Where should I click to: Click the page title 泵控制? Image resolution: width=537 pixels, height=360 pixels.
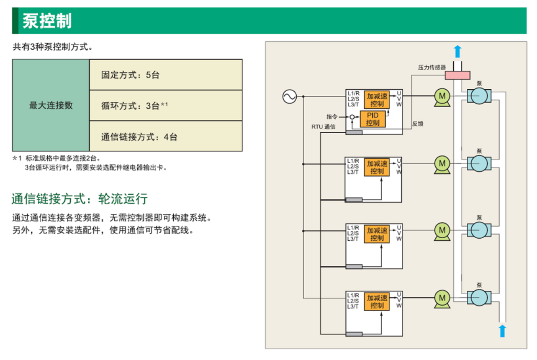(x=47, y=21)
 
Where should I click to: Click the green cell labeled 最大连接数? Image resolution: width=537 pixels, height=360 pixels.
(x=51, y=105)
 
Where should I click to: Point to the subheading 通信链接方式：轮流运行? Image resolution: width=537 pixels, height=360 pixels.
(x=80, y=199)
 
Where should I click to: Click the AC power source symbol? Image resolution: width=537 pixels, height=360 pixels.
(x=289, y=97)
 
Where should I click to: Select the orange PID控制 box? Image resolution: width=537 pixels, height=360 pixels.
(x=373, y=119)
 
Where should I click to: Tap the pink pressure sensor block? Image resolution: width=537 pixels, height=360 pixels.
(x=457, y=75)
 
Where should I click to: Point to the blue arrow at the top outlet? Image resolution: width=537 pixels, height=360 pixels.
(x=458, y=51)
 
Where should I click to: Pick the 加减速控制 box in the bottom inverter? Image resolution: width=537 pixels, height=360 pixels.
(x=377, y=301)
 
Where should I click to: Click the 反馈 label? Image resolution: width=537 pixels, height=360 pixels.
(x=418, y=124)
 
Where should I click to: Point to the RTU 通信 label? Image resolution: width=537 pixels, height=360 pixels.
(x=323, y=126)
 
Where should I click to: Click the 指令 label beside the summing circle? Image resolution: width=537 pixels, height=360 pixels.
(x=332, y=116)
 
